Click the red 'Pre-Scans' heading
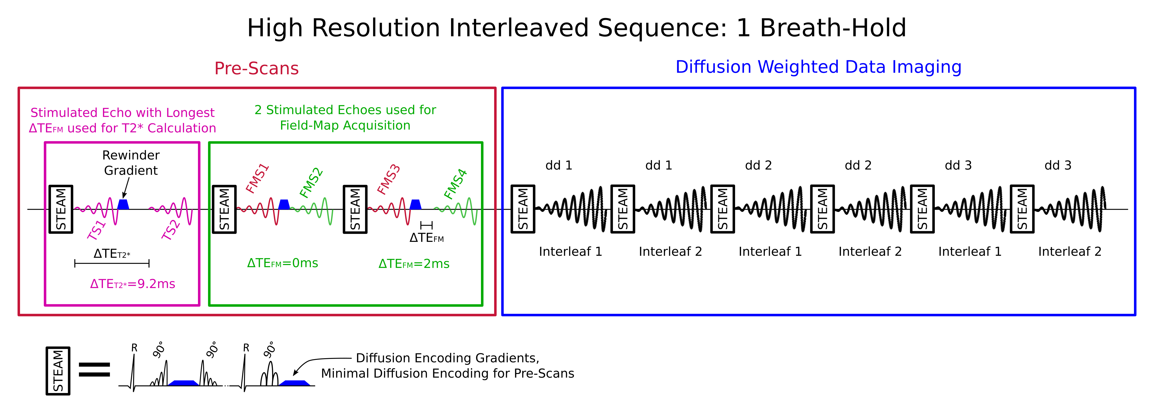coord(256,68)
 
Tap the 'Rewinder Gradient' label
coord(131,163)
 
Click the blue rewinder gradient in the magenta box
coord(123,205)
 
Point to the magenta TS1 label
coord(96,230)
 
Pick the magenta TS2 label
coord(171,230)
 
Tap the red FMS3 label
coord(388,179)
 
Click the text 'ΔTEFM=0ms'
coord(282,263)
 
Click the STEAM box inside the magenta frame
coord(61,209)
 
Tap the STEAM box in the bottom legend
coord(58,371)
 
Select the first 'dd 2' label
coord(758,165)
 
